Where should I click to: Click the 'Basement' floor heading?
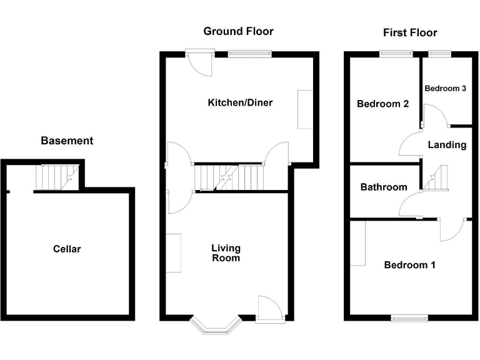pyautogui.click(x=67, y=141)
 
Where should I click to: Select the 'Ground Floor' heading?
pyautogui.click(x=238, y=31)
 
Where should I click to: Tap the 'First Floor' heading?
pyautogui.click(x=410, y=32)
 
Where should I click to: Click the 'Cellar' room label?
pyautogui.click(x=67, y=249)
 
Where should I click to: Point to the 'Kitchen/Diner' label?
pyautogui.click(x=240, y=102)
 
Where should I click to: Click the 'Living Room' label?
pyautogui.click(x=226, y=253)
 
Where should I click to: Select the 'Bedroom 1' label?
pyautogui.click(x=409, y=265)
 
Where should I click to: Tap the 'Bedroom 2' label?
pyautogui.click(x=382, y=104)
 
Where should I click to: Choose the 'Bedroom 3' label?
pyautogui.click(x=446, y=89)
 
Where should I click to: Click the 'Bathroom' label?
pyautogui.click(x=384, y=187)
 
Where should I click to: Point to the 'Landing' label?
pyautogui.click(x=447, y=145)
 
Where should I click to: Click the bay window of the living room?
pyautogui.click(x=215, y=326)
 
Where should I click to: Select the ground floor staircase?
pyautogui.click(x=229, y=177)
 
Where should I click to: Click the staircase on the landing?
pyautogui.click(x=436, y=178)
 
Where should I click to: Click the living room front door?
pyautogui.click(x=270, y=309)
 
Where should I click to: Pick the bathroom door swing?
pyautogui.click(x=411, y=206)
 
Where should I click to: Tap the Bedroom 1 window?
pyautogui.click(x=409, y=318)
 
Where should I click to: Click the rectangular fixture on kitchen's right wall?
pyautogui.click(x=305, y=109)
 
